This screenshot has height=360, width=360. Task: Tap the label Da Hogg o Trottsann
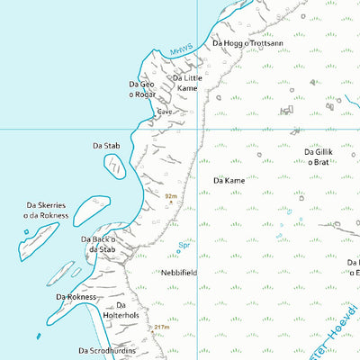click(247, 43)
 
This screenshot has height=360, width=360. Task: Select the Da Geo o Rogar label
click(141, 89)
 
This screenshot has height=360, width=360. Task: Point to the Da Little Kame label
click(188, 83)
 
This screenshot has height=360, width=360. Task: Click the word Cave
click(165, 112)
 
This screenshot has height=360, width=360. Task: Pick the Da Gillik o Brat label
click(319, 157)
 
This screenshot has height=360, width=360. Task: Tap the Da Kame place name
click(229, 181)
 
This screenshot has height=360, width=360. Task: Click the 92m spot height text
click(170, 193)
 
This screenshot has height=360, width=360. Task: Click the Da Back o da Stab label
click(98, 244)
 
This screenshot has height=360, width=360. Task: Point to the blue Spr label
click(184, 244)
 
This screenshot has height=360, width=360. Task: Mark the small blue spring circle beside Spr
click(178, 252)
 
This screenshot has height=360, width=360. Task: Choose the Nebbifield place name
click(179, 272)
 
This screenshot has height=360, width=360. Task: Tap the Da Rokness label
click(76, 296)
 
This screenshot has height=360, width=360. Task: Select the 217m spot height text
click(161, 327)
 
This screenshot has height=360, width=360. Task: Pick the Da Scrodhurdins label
click(106, 350)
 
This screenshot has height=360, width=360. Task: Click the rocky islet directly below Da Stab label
click(115, 165)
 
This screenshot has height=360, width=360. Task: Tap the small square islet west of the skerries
click(26, 232)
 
